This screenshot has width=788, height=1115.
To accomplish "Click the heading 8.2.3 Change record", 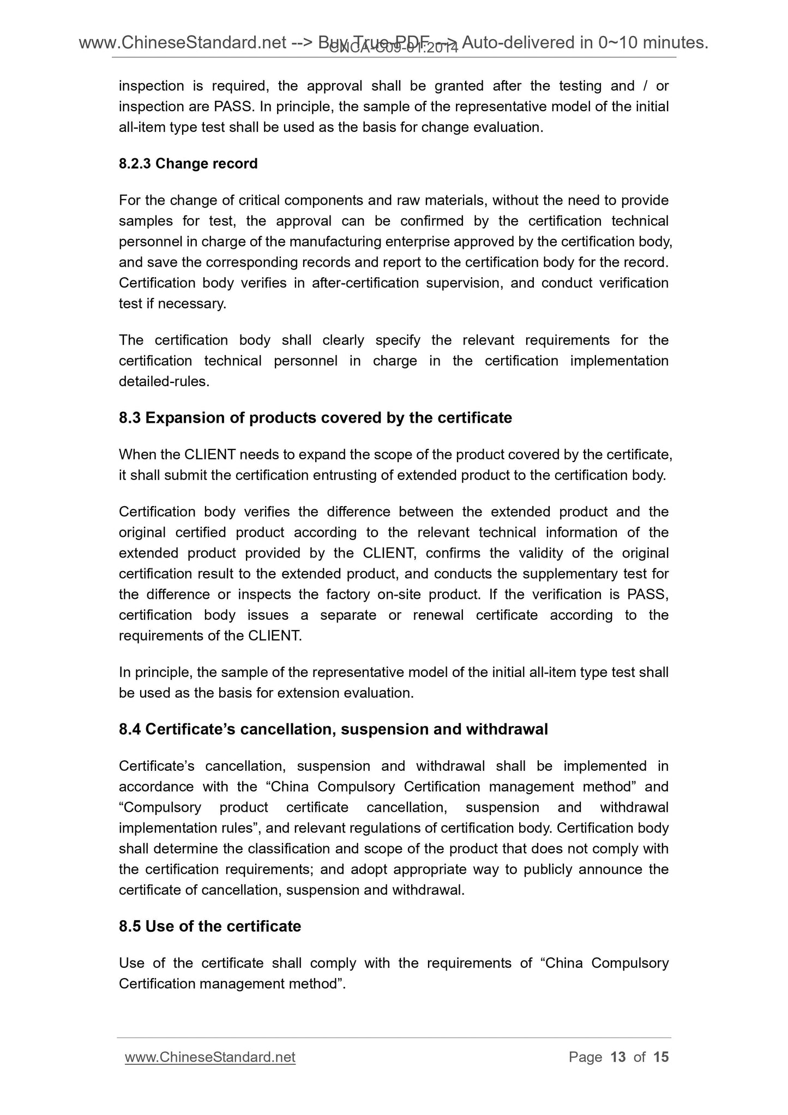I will pos(188,164).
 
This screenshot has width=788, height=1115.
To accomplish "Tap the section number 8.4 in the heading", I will pos(130,729).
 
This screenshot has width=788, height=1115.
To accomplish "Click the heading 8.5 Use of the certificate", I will pos(209,926).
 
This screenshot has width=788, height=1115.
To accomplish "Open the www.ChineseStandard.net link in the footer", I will pos(210,1057).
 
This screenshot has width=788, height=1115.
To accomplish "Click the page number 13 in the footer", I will pos(618,1057).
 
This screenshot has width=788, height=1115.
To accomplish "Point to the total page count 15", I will pos(660,1057).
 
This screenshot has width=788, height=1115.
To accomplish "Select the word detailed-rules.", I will pos(163,382).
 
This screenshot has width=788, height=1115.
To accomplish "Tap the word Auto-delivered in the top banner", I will pos(525,43).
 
